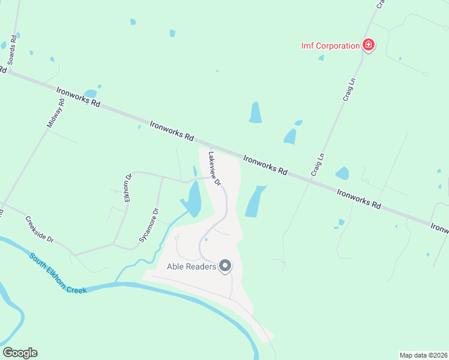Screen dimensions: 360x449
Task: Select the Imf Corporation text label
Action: [330, 46]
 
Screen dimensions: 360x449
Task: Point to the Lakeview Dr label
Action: [214, 167]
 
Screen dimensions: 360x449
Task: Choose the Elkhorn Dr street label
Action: [128, 188]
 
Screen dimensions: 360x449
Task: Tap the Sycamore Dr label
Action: [149, 225]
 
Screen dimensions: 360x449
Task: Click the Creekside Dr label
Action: [40, 229]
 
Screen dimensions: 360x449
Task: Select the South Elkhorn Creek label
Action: [58, 273]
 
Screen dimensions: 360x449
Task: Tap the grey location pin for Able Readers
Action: [225, 265]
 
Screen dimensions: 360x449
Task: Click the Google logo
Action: [20, 353]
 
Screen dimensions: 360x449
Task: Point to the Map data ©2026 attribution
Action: [424, 355]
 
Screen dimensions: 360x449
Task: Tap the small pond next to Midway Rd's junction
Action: [91, 94]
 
